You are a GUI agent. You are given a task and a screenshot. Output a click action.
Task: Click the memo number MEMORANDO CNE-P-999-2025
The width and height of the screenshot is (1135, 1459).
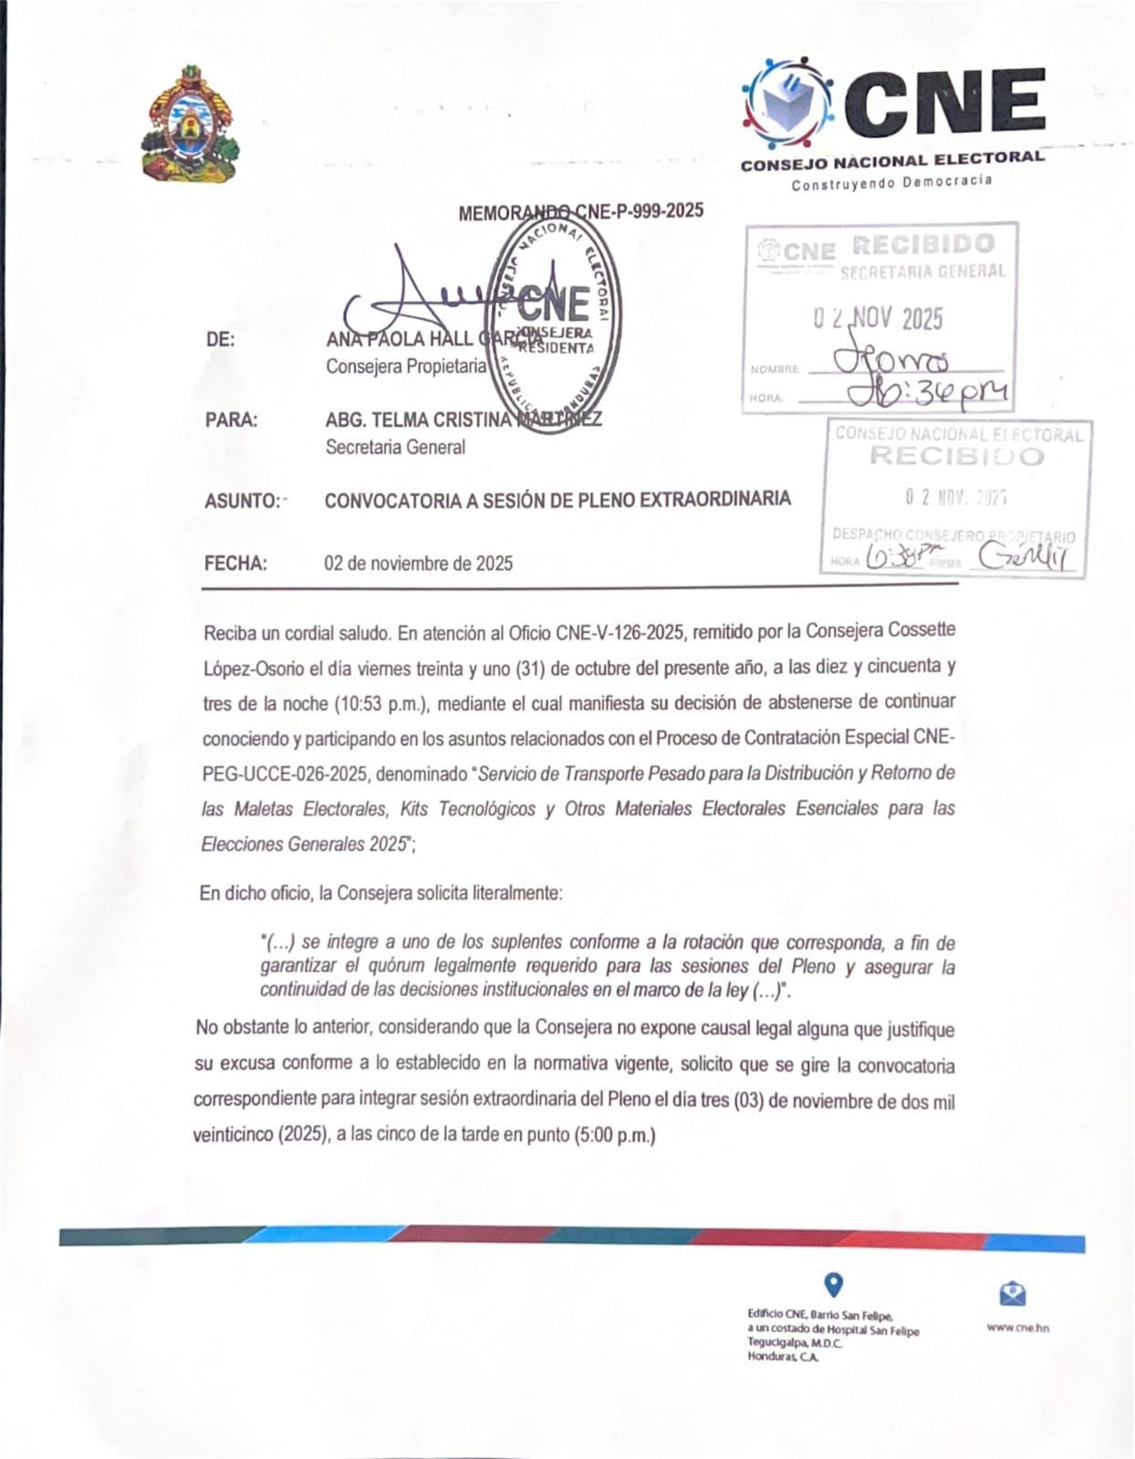pos(580,212)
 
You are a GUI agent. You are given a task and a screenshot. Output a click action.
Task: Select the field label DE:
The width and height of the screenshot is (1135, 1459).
pos(220,339)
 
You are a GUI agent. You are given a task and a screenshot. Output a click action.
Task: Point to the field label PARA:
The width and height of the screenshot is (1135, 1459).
pos(231,420)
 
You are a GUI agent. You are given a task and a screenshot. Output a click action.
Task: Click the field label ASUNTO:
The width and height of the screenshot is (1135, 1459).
pos(242,501)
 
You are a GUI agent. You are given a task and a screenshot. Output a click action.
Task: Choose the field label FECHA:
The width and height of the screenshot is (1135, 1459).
pos(235,564)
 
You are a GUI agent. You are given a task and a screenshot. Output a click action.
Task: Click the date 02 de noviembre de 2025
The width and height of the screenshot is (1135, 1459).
pos(419,564)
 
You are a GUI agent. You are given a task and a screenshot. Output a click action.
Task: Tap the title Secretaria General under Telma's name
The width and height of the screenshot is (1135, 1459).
pos(395,447)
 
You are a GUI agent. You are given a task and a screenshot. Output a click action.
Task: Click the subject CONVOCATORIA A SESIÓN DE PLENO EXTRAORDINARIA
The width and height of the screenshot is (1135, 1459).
pos(557,500)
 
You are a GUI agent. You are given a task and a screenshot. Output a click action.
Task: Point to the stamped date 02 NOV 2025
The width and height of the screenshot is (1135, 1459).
pos(878,318)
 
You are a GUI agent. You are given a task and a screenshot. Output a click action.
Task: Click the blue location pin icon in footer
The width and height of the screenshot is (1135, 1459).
pos(833,1286)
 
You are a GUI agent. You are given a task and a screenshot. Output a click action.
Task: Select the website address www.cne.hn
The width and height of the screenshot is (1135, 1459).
pos(1017,1328)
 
